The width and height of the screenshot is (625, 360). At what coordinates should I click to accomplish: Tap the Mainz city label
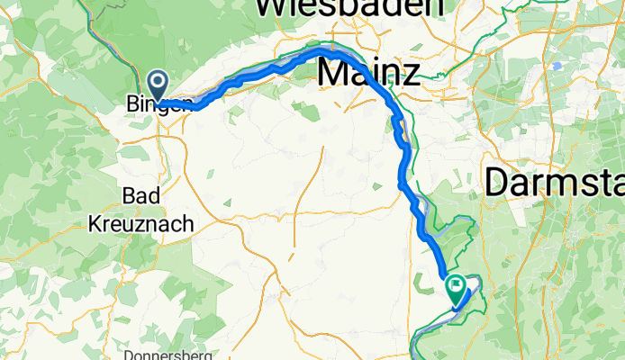click(x=370, y=73)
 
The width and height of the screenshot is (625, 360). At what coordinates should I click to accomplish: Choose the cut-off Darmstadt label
click(x=554, y=183)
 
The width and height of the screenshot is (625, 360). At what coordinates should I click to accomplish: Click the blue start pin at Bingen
click(x=158, y=85)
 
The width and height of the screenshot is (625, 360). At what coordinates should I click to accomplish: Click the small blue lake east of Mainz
click(x=557, y=66)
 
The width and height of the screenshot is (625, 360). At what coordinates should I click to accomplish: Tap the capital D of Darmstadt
click(x=498, y=183)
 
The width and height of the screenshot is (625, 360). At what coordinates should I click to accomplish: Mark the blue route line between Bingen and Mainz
click(x=261, y=73)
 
